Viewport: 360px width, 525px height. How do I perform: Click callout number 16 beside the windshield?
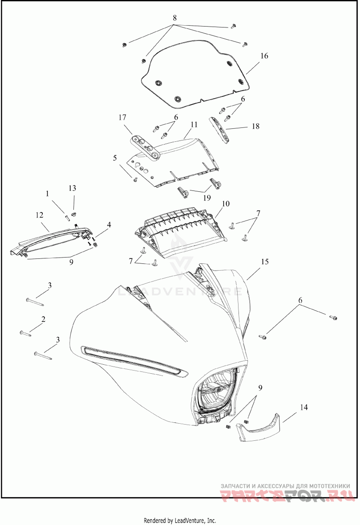tap(264, 56)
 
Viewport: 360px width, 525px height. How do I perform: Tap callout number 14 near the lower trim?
tap(304, 407)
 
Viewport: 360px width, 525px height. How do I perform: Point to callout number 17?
tap(122, 118)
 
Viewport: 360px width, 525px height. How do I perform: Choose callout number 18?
tap(255, 127)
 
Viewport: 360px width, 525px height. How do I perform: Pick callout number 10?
tap(225, 204)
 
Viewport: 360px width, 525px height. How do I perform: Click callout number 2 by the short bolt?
tap(43, 319)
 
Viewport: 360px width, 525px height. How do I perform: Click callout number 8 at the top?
tap(175, 18)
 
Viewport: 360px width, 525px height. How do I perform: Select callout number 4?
tap(109, 224)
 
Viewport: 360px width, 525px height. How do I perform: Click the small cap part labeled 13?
tap(75, 210)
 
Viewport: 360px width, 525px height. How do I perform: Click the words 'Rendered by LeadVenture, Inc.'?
tap(180, 520)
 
